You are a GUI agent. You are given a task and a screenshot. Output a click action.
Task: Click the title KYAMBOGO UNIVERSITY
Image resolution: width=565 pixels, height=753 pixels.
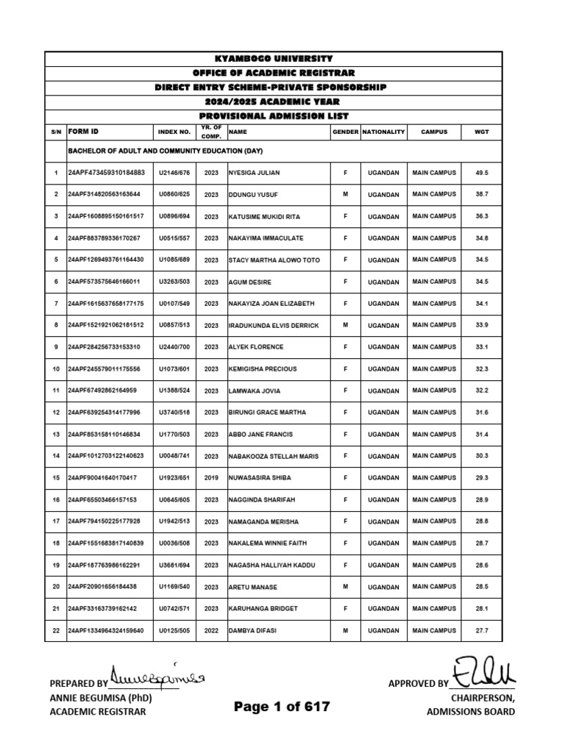click(274, 59)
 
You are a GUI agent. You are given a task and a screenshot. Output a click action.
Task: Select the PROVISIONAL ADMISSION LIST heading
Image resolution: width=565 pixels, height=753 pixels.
click(274, 116)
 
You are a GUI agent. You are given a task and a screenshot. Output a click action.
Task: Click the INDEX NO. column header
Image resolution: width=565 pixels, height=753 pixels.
click(174, 132)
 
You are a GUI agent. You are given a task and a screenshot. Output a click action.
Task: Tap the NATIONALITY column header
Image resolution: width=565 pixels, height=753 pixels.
click(383, 132)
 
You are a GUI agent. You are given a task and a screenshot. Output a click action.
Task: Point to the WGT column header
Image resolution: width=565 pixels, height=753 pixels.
click(482, 132)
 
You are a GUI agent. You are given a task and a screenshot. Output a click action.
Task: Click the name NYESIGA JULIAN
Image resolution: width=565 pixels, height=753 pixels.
click(255, 173)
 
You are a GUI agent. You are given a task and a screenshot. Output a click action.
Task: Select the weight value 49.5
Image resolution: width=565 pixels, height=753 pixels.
click(482, 173)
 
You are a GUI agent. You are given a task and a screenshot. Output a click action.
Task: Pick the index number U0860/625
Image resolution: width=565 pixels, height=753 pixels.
click(174, 195)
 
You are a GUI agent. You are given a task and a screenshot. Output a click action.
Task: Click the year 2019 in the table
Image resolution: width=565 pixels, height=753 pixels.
click(212, 479)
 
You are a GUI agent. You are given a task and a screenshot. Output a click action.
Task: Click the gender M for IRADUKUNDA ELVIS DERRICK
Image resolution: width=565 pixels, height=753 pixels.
click(345, 326)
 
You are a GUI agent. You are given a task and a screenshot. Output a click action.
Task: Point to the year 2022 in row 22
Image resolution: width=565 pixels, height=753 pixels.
click(212, 631)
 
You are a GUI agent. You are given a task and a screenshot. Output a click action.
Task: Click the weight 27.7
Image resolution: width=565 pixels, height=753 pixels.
click(482, 631)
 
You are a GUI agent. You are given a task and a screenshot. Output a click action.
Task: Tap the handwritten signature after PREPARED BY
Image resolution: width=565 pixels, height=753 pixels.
click(159, 675)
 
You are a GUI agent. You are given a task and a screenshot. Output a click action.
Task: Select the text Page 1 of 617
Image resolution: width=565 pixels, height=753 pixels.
click(282, 707)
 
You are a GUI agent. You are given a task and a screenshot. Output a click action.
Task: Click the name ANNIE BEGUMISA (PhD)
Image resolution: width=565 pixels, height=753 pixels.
click(100, 698)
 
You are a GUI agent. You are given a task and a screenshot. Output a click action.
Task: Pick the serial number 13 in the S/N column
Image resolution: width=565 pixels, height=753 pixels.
click(55, 435)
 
